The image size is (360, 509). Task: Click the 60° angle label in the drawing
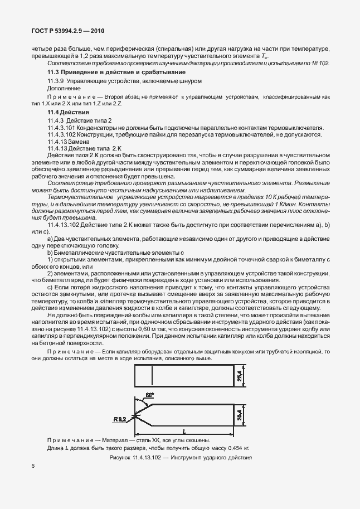click(x=149, y=395)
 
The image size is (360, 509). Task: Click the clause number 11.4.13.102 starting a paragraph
click(x=65, y=224)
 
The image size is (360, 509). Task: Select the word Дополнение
click(x=64, y=88)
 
